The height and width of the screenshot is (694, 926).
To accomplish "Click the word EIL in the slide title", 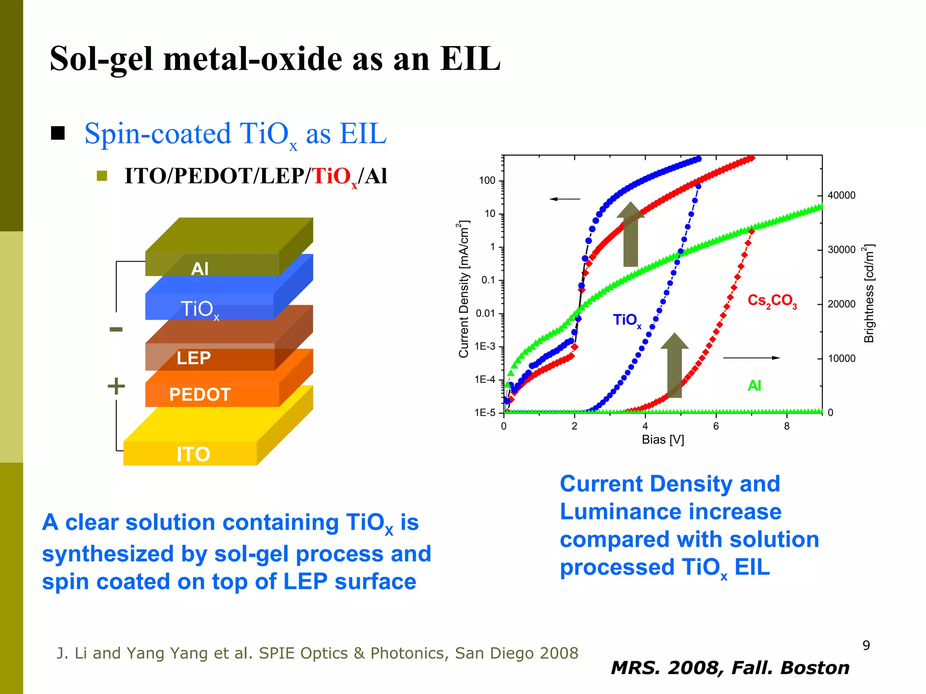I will pos(470,59).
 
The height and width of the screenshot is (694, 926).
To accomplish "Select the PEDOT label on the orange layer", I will pos(200,395).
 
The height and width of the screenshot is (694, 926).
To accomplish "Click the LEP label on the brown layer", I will pos(194,358).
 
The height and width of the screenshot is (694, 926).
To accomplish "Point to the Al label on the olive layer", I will pos(199,269).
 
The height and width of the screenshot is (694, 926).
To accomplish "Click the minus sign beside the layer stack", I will pos(116,329).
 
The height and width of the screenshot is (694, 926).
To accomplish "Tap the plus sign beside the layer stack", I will pos(116,386).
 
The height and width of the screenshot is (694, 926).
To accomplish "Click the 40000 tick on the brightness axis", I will pos(841,196).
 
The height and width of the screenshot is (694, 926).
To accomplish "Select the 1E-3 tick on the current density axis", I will pos(485,347).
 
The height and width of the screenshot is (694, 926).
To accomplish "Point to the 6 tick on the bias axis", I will pos(716,426).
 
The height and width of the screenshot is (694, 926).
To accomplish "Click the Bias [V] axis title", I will pos(663,440).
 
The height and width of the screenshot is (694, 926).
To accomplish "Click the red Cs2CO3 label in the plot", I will pos(772,301).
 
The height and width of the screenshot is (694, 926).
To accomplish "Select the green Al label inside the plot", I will pos(754,386).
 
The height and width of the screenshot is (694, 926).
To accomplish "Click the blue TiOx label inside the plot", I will pos(627,320).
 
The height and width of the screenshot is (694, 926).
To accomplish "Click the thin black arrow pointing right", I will pos(751,358).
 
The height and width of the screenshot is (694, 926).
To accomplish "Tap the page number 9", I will pos(866,646).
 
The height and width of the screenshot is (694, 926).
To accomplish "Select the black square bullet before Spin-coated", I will pos(58,133).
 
